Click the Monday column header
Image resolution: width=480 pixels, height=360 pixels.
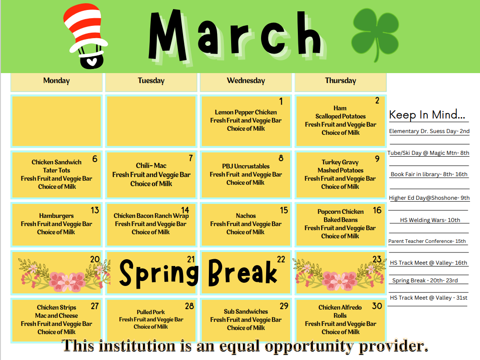coord(56,80)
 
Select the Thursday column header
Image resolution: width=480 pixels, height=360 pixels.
coord(341,80)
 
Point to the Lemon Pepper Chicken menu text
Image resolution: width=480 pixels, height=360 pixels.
coord(246,112)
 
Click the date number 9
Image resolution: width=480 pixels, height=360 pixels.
coord(377,158)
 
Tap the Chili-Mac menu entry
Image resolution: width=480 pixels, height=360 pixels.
coord(151,166)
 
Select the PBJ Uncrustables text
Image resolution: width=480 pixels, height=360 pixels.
coord(246,166)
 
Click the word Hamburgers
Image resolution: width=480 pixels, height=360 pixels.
coord(56,216)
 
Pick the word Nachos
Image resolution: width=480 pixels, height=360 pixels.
coord(246,216)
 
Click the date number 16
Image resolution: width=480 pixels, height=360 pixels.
coord(377,210)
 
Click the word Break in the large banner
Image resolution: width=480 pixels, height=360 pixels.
coord(242,272)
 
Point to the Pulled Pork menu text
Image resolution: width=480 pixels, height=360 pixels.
coord(151,312)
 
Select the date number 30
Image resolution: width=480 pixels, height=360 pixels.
coord(377,306)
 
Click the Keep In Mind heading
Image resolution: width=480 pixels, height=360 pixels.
coord(427,115)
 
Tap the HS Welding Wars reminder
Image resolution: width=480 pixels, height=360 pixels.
coord(430,220)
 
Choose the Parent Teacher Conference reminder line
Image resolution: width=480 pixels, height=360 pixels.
coord(427,241)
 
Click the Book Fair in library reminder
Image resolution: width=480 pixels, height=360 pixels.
coord(429,174)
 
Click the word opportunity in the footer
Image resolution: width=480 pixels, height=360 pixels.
coord(309,346)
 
